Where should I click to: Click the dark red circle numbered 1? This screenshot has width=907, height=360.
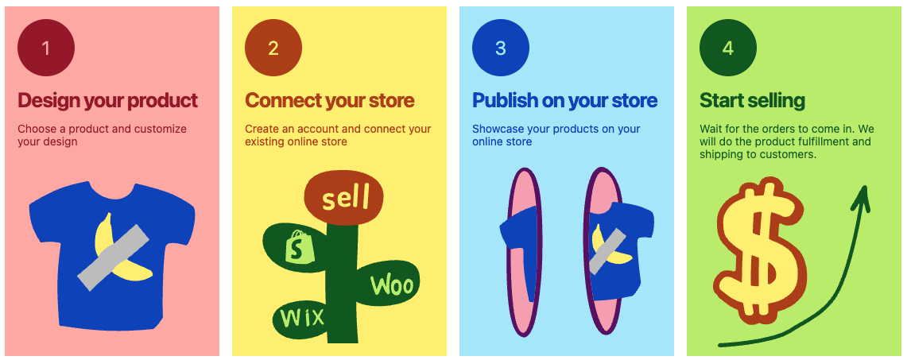(x=46, y=48)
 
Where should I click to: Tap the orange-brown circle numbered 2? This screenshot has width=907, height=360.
(x=273, y=48)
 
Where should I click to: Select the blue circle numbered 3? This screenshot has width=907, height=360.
(x=501, y=48)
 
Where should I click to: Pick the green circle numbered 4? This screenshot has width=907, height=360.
(x=728, y=48)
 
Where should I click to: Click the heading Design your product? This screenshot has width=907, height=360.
(x=107, y=101)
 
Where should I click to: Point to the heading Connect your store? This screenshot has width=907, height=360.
(x=330, y=101)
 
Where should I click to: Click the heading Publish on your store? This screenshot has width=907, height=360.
(x=565, y=101)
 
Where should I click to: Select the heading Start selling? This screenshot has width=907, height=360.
(x=753, y=101)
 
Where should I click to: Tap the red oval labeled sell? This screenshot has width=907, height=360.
(x=344, y=198)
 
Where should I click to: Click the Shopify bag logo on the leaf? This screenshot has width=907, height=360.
(x=299, y=246)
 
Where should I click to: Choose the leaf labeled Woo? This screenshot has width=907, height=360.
(x=389, y=285)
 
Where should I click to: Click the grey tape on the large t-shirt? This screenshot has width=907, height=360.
(x=114, y=257)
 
